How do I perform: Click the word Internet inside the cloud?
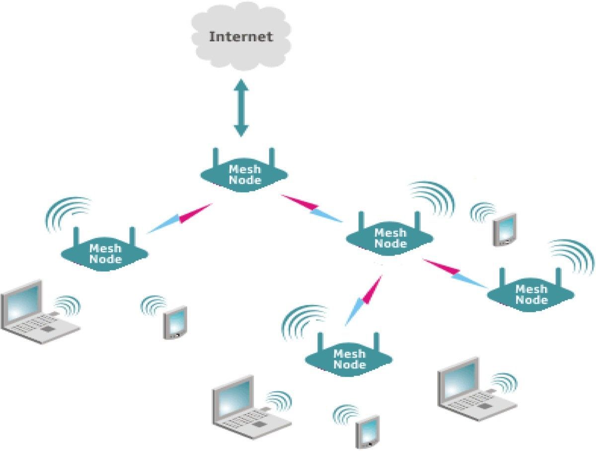(241, 37)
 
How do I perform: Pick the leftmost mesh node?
(105, 254)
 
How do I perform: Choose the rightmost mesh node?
(531, 295)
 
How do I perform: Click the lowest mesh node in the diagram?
(349, 360)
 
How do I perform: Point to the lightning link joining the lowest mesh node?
(364, 298)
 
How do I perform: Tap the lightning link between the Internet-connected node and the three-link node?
(311, 208)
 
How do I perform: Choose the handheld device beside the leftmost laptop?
(175, 323)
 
